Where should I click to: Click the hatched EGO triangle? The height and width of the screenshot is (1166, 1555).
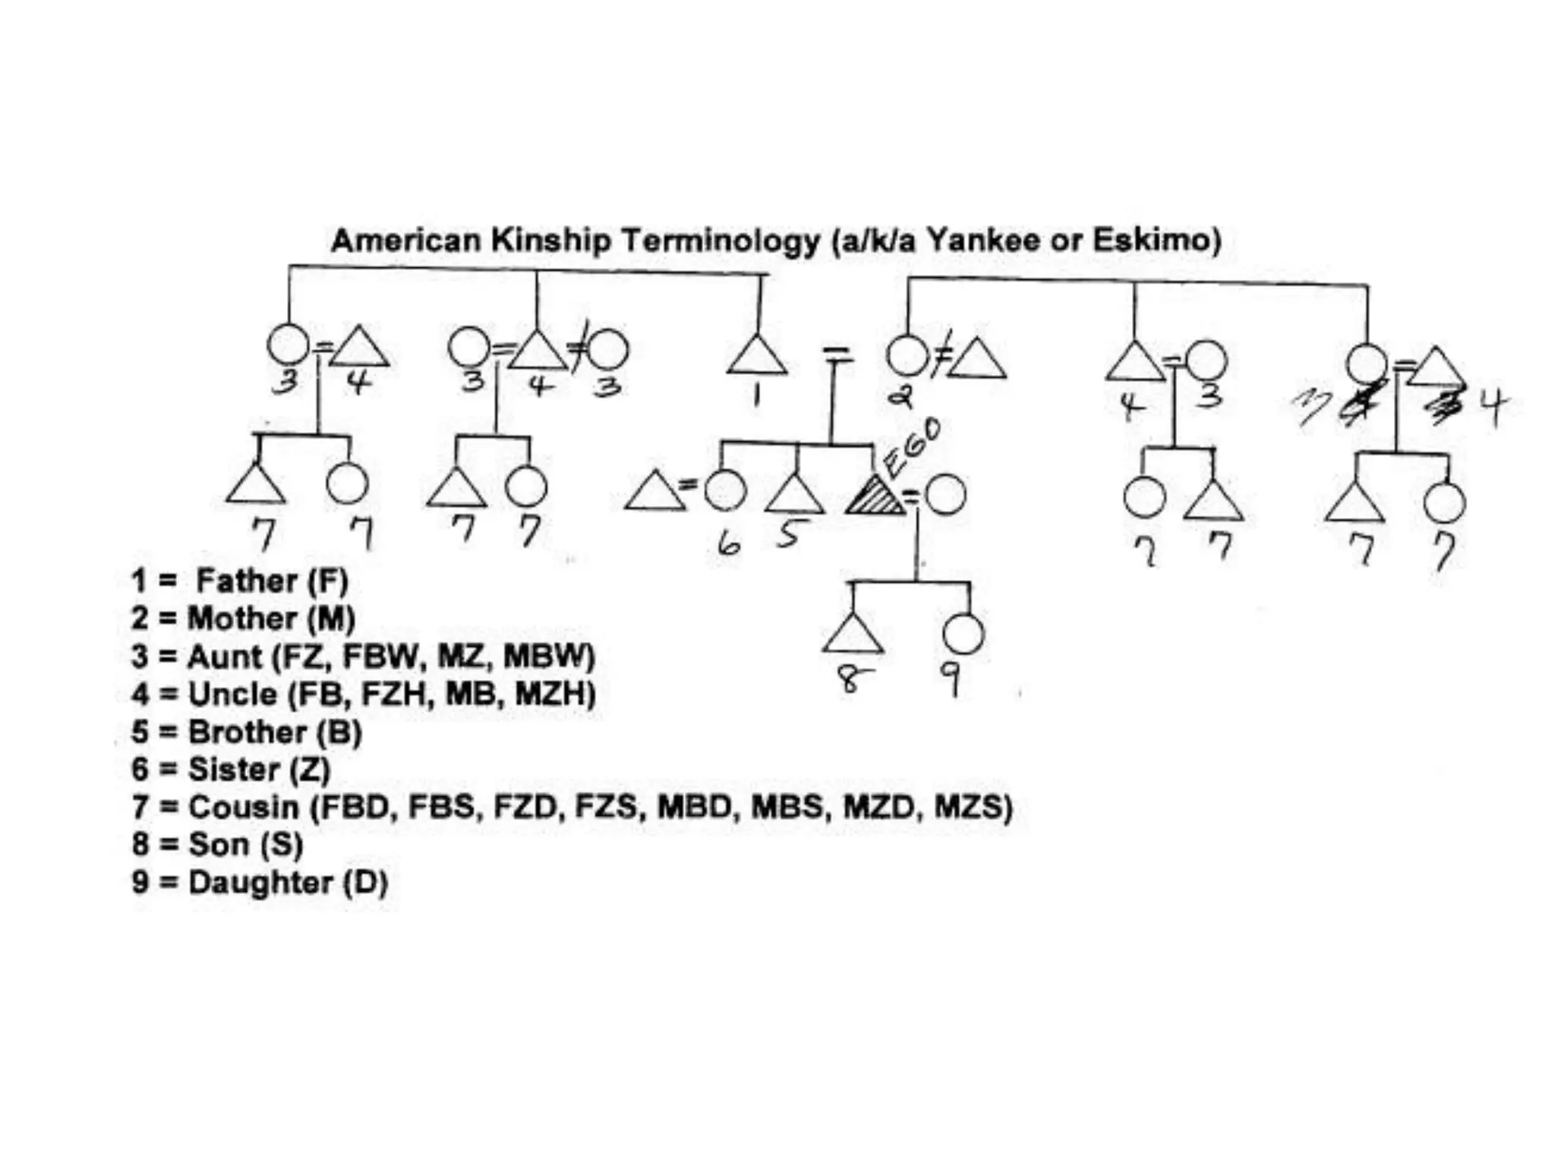click(x=874, y=498)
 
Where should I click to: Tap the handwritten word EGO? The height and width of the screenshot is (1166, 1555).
click(x=913, y=448)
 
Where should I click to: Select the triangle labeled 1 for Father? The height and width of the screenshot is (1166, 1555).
click(x=757, y=357)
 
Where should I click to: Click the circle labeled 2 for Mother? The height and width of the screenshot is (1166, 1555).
click(x=907, y=356)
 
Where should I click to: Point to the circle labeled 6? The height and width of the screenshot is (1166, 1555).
click(x=725, y=491)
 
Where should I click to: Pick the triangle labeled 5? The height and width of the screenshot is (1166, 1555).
click(x=794, y=496)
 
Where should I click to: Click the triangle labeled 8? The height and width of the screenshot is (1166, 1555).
click(x=853, y=635)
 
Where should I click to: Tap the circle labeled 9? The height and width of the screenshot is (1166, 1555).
click(x=964, y=634)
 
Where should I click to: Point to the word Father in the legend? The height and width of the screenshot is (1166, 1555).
click(x=247, y=581)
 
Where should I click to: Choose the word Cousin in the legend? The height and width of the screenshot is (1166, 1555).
click(x=243, y=807)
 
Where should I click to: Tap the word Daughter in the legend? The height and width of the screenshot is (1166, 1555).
click(x=260, y=882)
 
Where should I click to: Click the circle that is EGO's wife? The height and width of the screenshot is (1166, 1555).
click(x=945, y=495)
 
